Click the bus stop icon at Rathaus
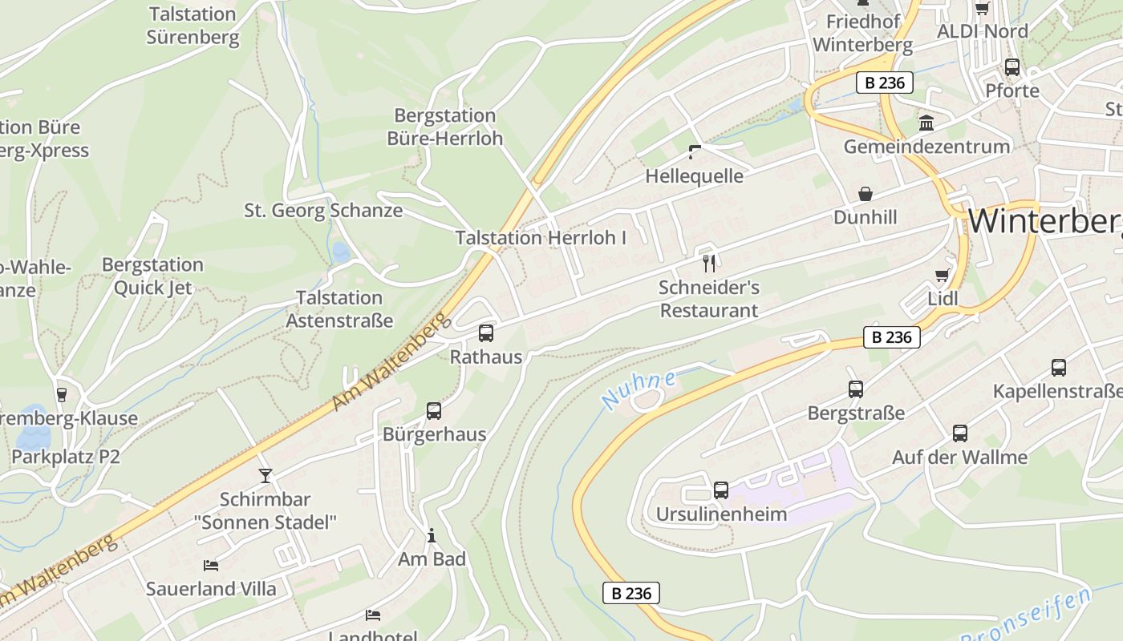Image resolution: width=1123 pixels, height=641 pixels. [x=486, y=333]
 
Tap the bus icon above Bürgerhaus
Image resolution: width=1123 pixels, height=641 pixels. [x=434, y=411]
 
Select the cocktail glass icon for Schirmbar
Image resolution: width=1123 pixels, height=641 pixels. [x=266, y=476]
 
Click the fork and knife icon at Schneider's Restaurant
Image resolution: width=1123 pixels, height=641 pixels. [x=709, y=263]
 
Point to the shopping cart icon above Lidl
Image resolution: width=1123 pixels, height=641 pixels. [x=943, y=276]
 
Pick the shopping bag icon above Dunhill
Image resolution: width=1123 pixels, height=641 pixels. [x=866, y=194]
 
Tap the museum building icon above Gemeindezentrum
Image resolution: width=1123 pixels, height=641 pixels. [x=926, y=123]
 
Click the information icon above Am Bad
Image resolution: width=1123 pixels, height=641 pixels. [x=432, y=535]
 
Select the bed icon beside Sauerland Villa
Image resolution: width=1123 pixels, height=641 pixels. [x=211, y=566]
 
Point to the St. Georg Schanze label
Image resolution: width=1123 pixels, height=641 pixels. [x=323, y=211]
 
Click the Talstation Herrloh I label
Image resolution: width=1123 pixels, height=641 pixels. [x=541, y=238]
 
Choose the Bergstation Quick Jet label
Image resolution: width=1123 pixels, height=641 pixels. [x=152, y=276]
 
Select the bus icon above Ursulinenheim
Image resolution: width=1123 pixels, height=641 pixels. [x=721, y=490]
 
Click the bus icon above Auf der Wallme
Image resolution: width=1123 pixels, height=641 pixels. [x=960, y=433]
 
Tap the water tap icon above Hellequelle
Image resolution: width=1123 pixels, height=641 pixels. [x=695, y=152]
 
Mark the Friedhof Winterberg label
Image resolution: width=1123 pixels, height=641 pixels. [x=863, y=33]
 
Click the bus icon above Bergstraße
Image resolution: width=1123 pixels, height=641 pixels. [x=856, y=389]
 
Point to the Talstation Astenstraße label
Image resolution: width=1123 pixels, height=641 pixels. [x=339, y=309]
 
